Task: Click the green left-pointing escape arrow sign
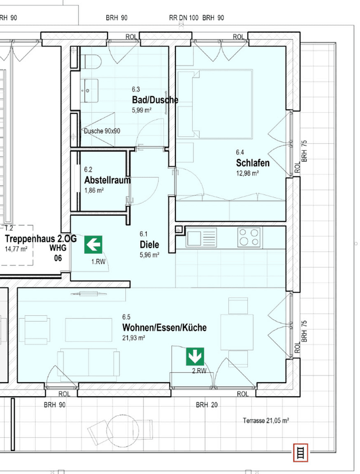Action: coord(94,244)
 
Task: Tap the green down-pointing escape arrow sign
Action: coord(195,356)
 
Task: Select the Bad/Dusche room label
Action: coord(155,100)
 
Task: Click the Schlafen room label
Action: coord(252,163)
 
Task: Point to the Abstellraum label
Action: coord(107,180)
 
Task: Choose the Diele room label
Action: coord(149,244)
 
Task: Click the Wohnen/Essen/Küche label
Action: coord(164,327)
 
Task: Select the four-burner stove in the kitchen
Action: coord(248,237)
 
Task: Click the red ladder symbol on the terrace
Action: coord(301,452)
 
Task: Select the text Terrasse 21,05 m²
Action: coord(266,420)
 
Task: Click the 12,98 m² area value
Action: coord(247,173)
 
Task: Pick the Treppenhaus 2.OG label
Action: coord(41,239)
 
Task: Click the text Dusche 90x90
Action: coord(102,131)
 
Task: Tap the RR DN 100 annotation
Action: coord(184,18)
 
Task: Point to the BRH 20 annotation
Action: coord(206,405)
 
